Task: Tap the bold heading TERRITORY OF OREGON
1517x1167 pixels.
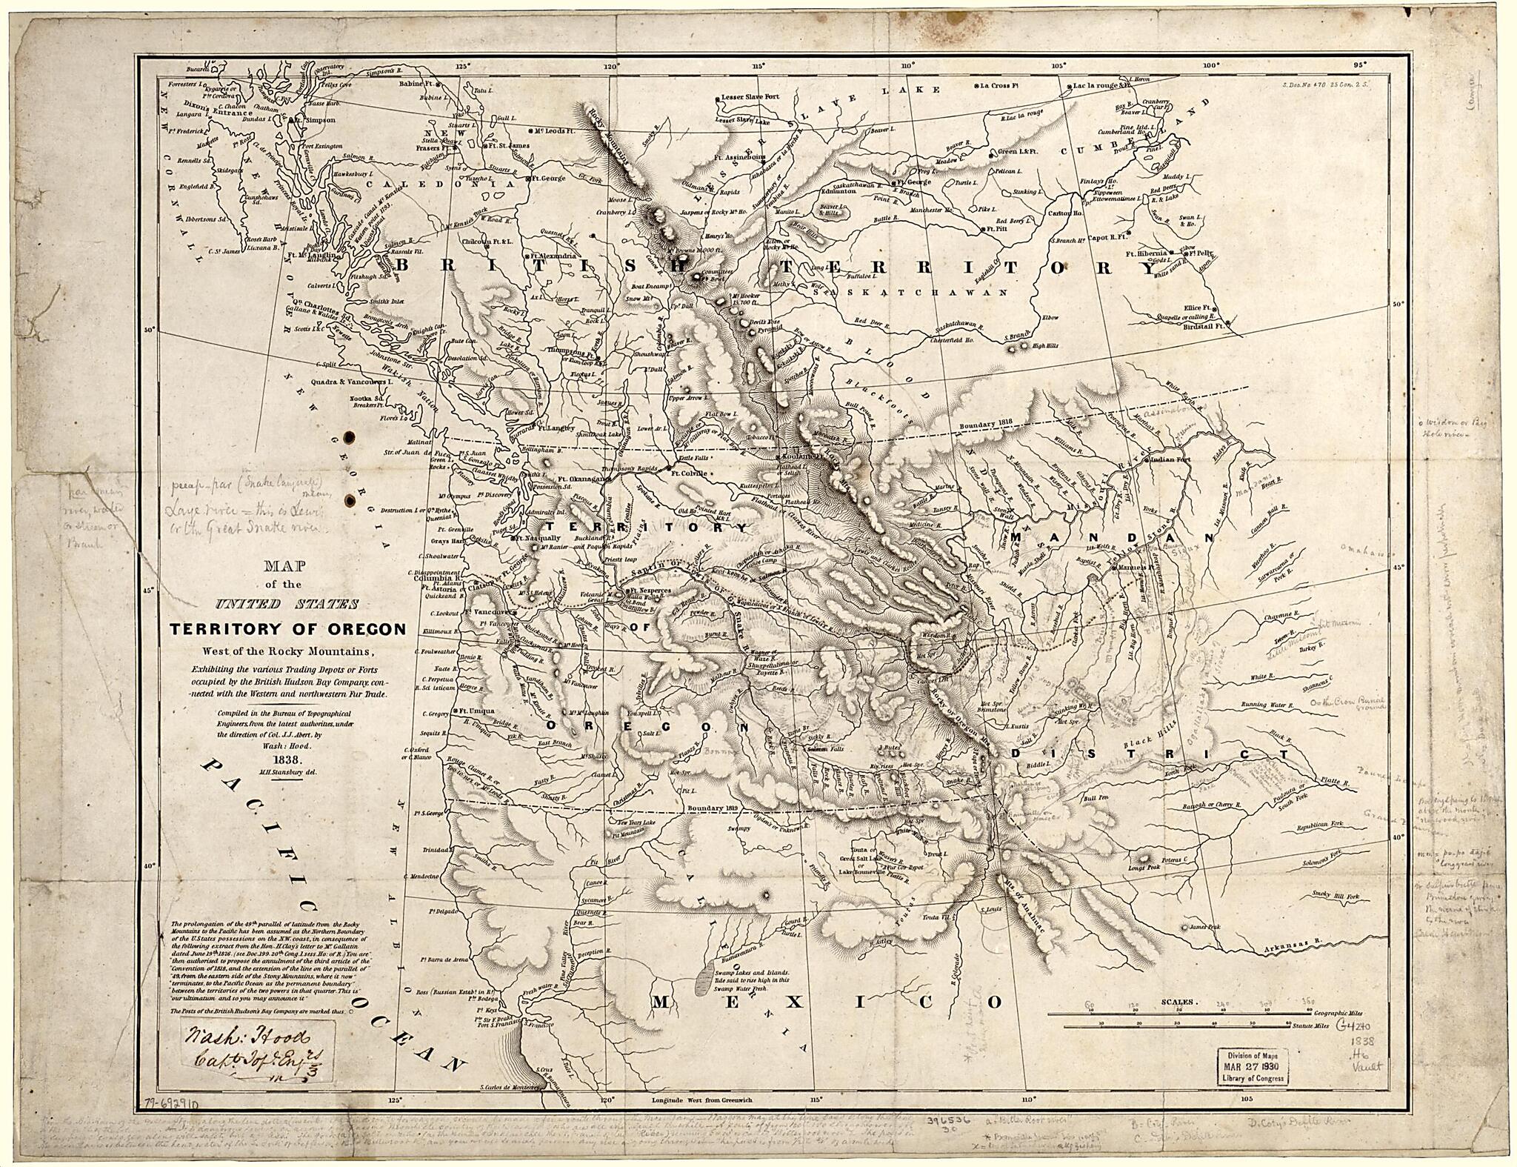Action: (288, 630)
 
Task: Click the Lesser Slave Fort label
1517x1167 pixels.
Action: (751, 98)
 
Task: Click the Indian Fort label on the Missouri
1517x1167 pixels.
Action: (1170, 460)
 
